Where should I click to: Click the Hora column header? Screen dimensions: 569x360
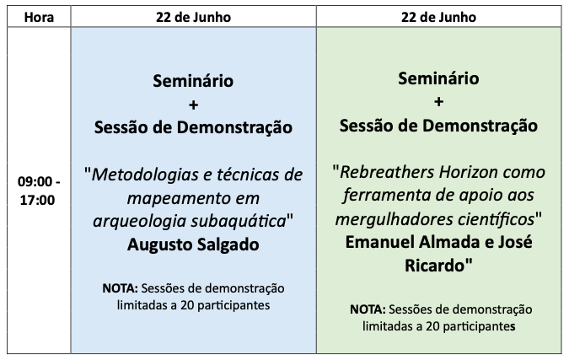(39, 17)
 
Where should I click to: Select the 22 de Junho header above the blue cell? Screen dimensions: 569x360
(193, 17)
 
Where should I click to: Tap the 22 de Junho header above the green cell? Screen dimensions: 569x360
(438, 17)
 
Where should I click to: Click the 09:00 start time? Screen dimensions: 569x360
(35, 181)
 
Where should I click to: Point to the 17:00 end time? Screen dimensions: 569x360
(37, 200)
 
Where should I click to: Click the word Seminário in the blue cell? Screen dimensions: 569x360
(193, 81)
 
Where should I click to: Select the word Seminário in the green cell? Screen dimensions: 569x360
(438, 78)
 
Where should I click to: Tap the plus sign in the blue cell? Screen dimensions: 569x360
(193, 105)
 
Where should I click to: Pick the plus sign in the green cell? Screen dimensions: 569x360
(438, 102)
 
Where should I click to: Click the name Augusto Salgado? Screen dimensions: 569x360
(193, 244)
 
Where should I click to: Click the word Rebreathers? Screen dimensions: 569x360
(386, 172)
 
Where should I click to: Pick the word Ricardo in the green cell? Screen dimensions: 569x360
(434, 266)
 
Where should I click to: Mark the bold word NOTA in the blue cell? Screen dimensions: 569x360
(120, 288)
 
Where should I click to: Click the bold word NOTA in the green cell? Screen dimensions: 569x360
(368, 309)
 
